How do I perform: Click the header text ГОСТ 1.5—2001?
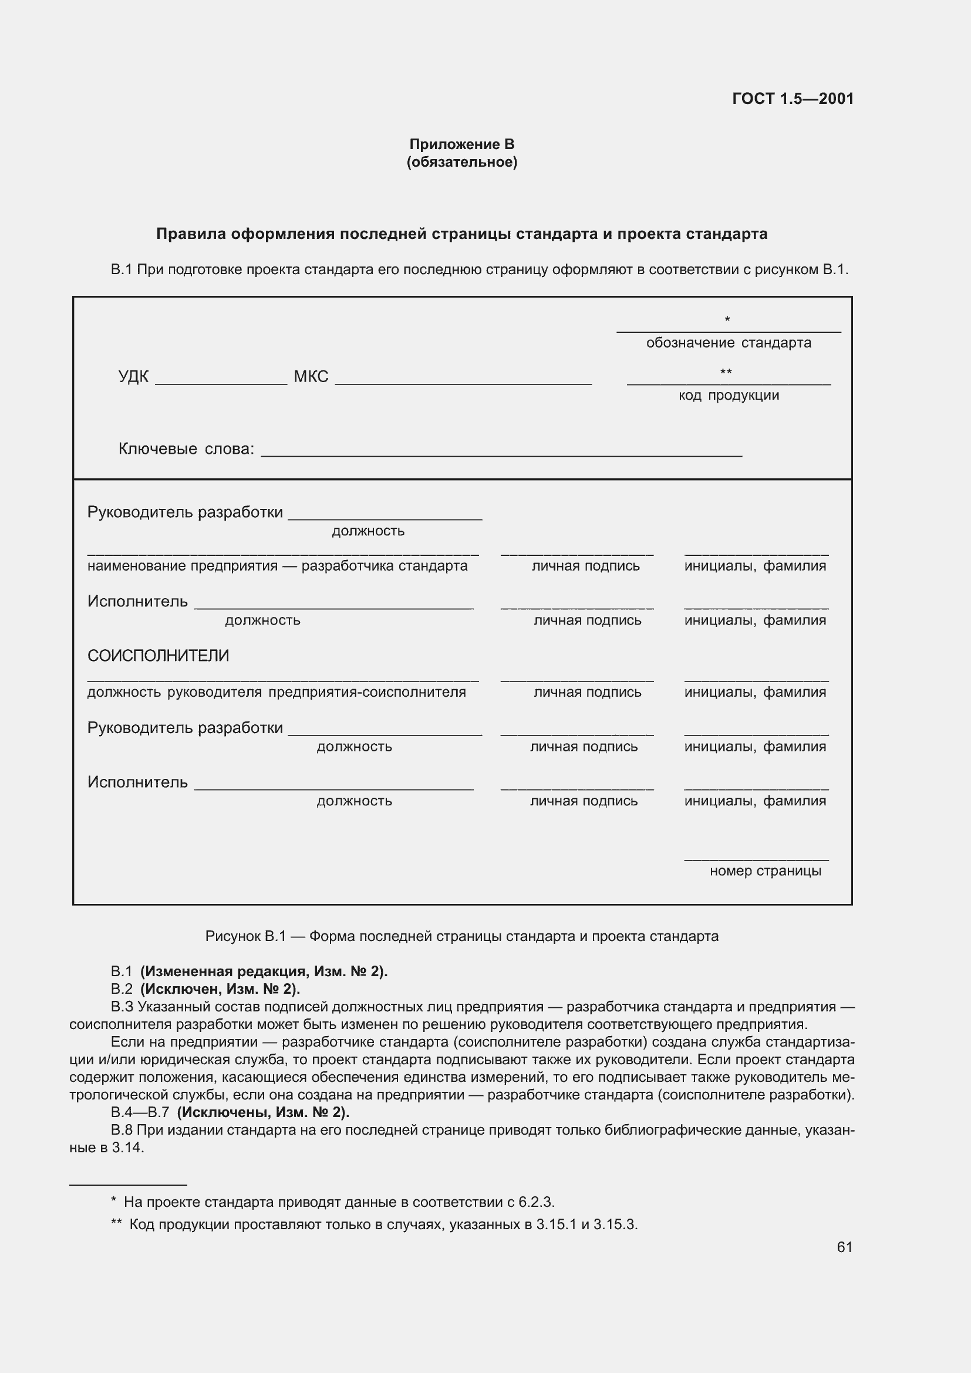(x=792, y=99)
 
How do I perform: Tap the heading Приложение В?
(x=461, y=144)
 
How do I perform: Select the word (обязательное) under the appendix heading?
(x=461, y=162)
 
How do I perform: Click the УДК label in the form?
(x=133, y=376)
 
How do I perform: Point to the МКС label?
(x=311, y=376)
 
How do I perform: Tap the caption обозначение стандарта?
(x=728, y=343)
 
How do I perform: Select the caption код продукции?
(x=728, y=395)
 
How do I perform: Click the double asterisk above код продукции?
(x=726, y=372)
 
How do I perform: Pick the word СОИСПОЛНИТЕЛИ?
(x=158, y=656)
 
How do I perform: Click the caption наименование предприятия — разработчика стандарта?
(x=277, y=566)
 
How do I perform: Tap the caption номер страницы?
(x=765, y=871)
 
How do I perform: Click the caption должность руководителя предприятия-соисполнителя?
(x=277, y=692)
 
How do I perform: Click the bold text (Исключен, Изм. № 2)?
(x=220, y=989)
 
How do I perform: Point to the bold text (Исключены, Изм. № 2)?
(x=263, y=1112)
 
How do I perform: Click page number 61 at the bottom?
(x=844, y=1247)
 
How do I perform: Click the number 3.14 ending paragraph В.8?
(x=127, y=1148)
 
